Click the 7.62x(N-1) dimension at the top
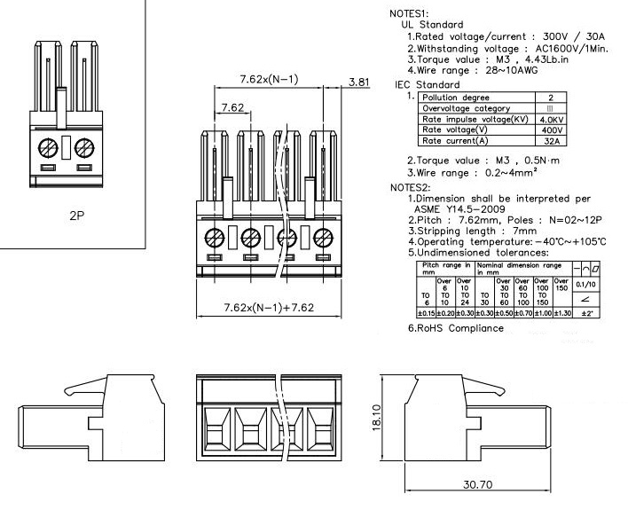pyautogui.click(x=269, y=80)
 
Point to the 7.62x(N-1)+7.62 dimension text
pyautogui.click(x=268, y=308)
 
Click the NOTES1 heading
pyautogui.click(x=410, y=13)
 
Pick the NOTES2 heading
pyautogui.click(x=410, y=188)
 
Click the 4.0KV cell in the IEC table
pyautogui.click(x=552, y=119)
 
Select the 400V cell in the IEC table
pyautogui.click(x=552, y=129)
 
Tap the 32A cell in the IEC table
pyautogui.click(x=552, y=140)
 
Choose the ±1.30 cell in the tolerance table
pyautogui.click(x=561, y=314)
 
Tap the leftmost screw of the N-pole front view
pyautogui.click(x=214, y=237)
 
